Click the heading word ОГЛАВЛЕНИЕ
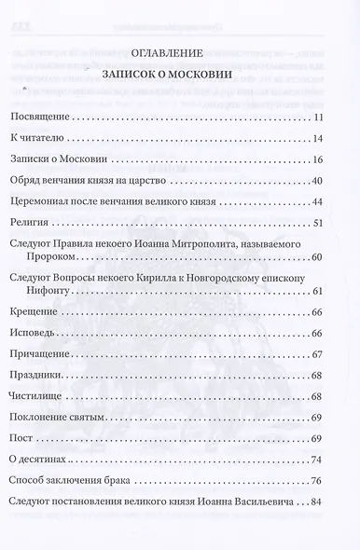point(179,50)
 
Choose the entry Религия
point(30,223)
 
